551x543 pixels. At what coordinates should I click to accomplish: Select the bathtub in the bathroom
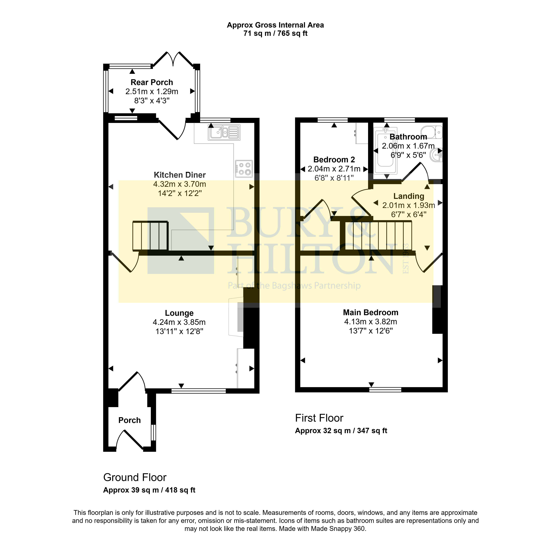[x=385, y=150]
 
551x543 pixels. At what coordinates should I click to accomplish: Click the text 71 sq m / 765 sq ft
[x=275, y=33]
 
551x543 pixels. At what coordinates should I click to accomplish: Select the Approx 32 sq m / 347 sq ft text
[x=341, y=431]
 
